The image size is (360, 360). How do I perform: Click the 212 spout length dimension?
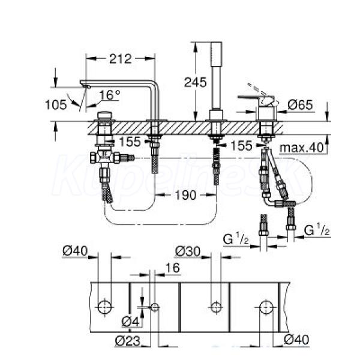click(121, 59)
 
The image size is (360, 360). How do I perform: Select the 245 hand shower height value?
click(196, 82)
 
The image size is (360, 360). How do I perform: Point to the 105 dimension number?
click(56, 105)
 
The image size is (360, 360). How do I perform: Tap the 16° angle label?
click(110, 95)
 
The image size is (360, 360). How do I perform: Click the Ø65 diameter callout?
click(301, 105)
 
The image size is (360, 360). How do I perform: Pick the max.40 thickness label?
click(301, 148)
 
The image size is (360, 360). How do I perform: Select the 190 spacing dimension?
click(186, 195)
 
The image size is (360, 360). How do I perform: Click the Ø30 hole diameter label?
click(188, 251)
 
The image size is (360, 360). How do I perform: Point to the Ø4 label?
click(130, 322)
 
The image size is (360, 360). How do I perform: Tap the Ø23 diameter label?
click(127, 341)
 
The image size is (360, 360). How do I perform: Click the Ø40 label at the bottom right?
click(296, 340)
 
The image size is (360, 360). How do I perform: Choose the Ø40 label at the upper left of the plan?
click(75, 251)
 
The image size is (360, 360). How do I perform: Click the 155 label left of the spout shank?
click(130, 142)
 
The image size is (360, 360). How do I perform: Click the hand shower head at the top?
click(217, 54)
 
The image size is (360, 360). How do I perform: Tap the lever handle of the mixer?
click(256, 98)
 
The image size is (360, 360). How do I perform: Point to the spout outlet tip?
click(87, 86)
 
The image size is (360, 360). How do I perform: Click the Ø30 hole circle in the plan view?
click(216, 307)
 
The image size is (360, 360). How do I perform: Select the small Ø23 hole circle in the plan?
click(155, 307)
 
